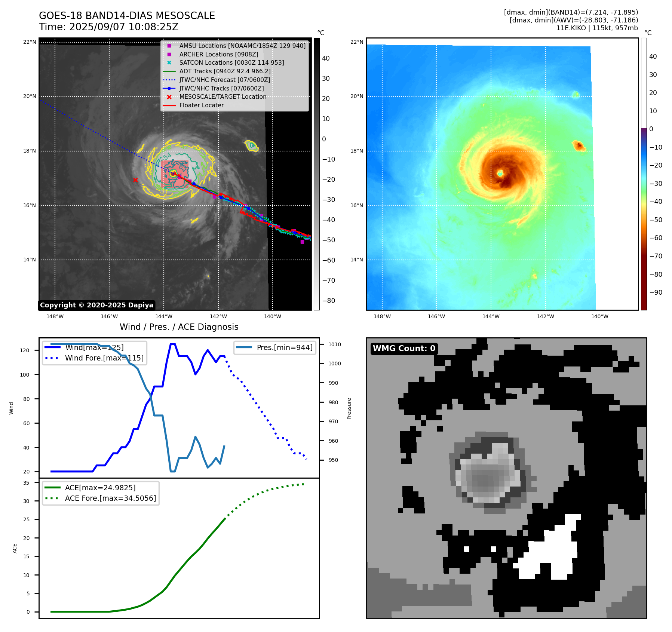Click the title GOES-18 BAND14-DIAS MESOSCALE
[127, 16]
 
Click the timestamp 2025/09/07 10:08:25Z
[124, 27]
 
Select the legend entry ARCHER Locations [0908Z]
[218, 54]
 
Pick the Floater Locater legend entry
[201, 105]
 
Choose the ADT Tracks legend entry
[225, 71]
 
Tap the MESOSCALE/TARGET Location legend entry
[223, 96]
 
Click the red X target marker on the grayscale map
[135, 180]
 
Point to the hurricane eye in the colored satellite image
[500, 173]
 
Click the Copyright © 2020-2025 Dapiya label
[96, 305]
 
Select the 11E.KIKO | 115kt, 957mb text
[597, 28]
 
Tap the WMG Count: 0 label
[404, 349]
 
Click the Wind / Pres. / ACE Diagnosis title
[179, 327]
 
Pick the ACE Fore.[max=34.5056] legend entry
[110, 498]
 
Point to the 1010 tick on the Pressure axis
[335, 344]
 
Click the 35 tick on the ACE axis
[26, 483]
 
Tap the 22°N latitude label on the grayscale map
[30, 42]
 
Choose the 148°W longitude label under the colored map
[382, 316]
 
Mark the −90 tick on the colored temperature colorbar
[656, 292]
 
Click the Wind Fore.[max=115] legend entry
[104, 358]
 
